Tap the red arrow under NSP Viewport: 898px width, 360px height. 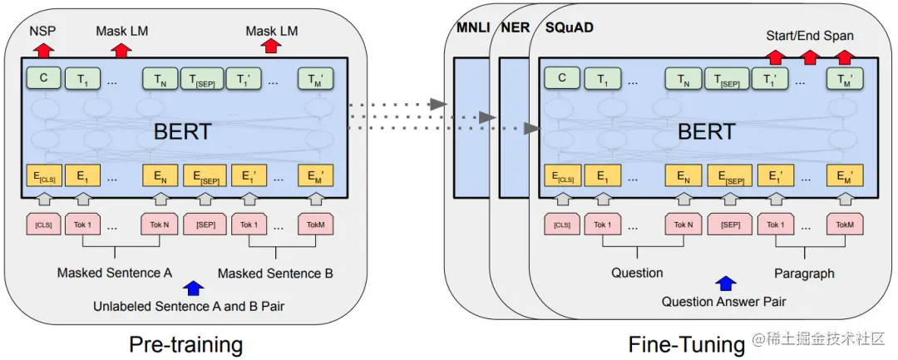pos(39,51)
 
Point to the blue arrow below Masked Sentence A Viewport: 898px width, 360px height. pos(194,288)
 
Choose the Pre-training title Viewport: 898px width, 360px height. pos(185,343)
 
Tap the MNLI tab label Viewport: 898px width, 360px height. pos(471,27)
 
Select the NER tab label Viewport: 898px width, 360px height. pos(516,27)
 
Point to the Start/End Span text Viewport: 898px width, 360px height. pos(809,36)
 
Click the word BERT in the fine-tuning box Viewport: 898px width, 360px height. pos(706,131)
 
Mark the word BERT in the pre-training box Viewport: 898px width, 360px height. pos(184,131)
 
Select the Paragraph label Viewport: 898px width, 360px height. pos(803,273)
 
